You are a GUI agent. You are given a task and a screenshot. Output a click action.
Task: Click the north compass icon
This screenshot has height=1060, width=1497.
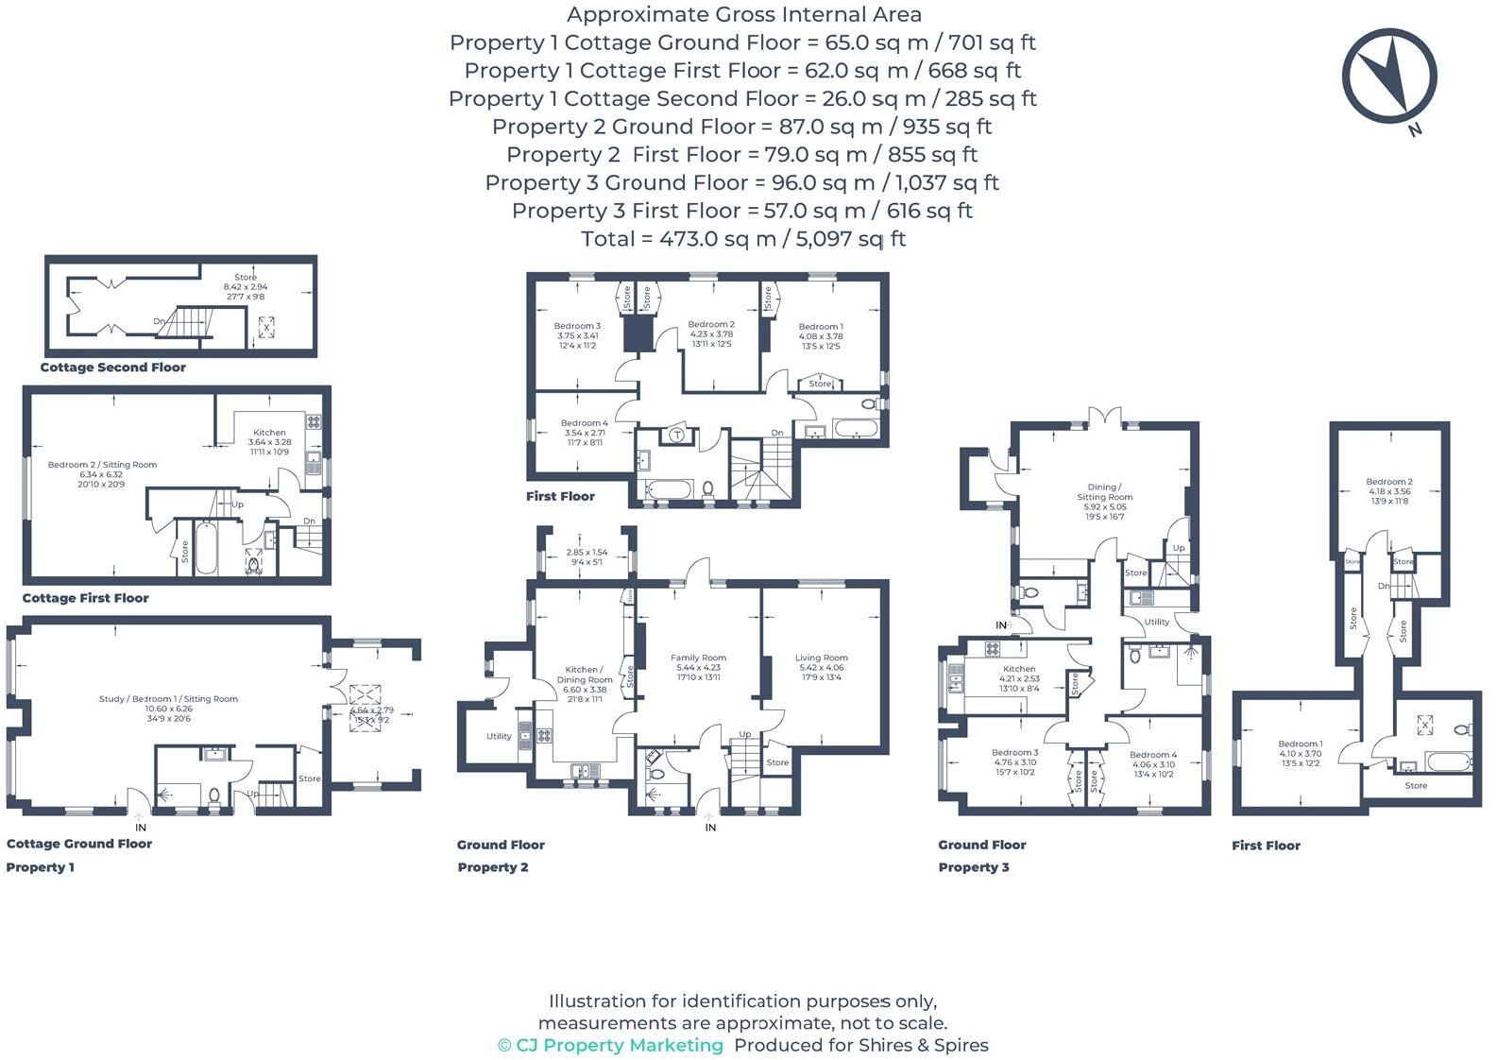pos(1389,76)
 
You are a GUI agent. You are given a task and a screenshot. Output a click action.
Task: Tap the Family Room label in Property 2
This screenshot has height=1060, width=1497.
pos(698,658)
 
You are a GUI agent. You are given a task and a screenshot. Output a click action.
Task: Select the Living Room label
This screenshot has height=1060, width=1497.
pos(821,658)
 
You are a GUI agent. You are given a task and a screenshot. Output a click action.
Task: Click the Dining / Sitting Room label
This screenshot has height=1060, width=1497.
pos(1104,492)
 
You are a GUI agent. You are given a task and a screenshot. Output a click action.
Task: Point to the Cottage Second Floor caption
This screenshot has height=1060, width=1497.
pos(112,368)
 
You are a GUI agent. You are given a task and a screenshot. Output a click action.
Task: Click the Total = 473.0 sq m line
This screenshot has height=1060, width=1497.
pos(743,239)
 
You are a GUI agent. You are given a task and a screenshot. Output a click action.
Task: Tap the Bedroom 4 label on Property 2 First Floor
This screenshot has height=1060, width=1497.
pos(584,423)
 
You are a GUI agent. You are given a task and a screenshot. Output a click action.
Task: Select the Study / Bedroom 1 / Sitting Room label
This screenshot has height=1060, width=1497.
pos(168,699)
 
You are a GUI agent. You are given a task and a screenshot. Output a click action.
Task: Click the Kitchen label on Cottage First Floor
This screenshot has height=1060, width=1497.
pos(269,433)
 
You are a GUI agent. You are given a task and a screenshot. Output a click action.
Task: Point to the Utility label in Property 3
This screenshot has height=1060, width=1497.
pos(1156,622)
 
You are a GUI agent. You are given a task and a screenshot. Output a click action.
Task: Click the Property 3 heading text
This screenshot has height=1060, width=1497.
pos(973,867)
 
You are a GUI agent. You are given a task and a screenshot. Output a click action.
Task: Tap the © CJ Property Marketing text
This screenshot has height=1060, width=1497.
pos(610,1045)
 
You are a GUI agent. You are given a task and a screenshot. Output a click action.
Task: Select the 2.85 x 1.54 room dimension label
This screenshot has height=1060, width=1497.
pos(587,553)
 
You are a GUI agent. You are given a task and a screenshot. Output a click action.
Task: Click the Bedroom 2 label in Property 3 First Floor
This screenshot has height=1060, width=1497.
pos(1388,482)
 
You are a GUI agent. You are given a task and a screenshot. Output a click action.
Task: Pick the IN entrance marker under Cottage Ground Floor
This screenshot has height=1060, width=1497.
pos(141,828)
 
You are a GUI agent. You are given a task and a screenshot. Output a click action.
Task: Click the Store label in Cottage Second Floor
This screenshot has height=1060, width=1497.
pos(246,278)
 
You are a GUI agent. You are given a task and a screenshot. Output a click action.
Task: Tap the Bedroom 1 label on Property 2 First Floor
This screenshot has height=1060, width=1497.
pos(820,327)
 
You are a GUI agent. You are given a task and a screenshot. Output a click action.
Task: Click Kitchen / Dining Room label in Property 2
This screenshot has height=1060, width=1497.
pos(584,675)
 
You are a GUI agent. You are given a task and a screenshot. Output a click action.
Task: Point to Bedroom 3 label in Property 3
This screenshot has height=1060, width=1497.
pos(1014,753)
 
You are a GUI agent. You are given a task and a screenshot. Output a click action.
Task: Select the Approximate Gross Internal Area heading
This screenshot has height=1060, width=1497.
pos(743,15)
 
